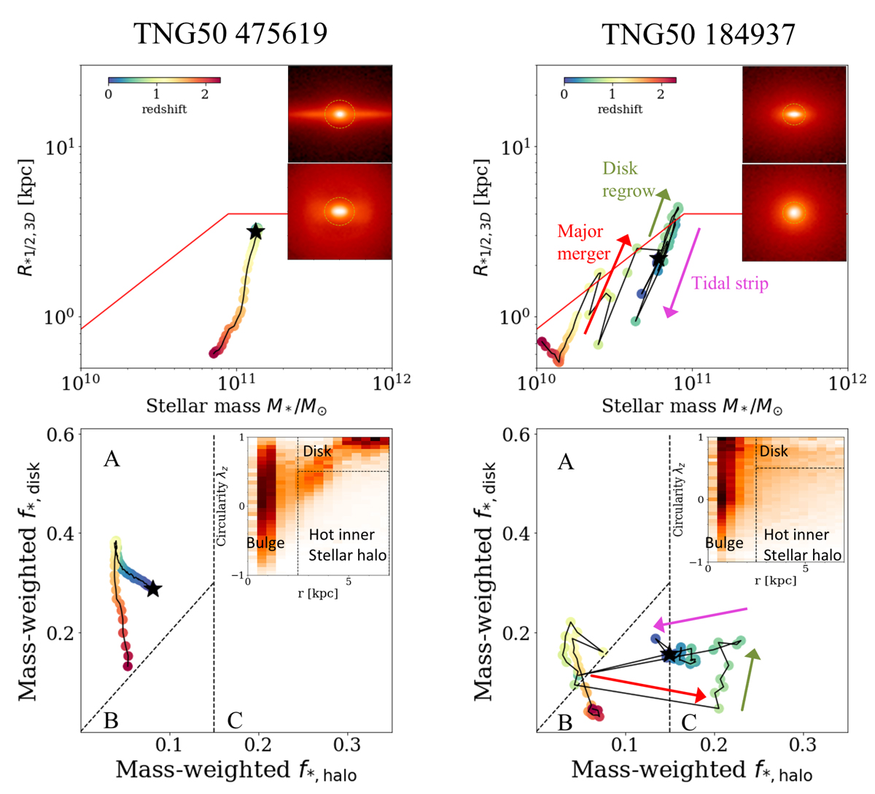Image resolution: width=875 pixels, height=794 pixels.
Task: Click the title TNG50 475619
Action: coord(230,33)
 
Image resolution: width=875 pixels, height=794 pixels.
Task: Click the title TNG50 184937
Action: coord(698,33)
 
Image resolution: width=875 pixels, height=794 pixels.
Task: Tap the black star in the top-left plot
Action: coord(255,232)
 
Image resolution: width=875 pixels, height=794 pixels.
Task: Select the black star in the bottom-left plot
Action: coord(153,588)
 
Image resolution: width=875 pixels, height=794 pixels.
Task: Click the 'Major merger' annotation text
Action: coord(584,243)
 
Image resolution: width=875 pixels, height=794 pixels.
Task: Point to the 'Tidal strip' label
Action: coord(730,283)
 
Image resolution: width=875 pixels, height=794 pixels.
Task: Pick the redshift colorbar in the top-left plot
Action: coord(164,80)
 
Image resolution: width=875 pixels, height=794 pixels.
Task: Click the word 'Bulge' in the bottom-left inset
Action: coord(265,542)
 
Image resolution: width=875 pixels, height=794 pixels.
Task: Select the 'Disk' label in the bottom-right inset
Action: coord(774,451)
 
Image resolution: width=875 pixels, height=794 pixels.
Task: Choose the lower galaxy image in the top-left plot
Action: coord(340,211)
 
